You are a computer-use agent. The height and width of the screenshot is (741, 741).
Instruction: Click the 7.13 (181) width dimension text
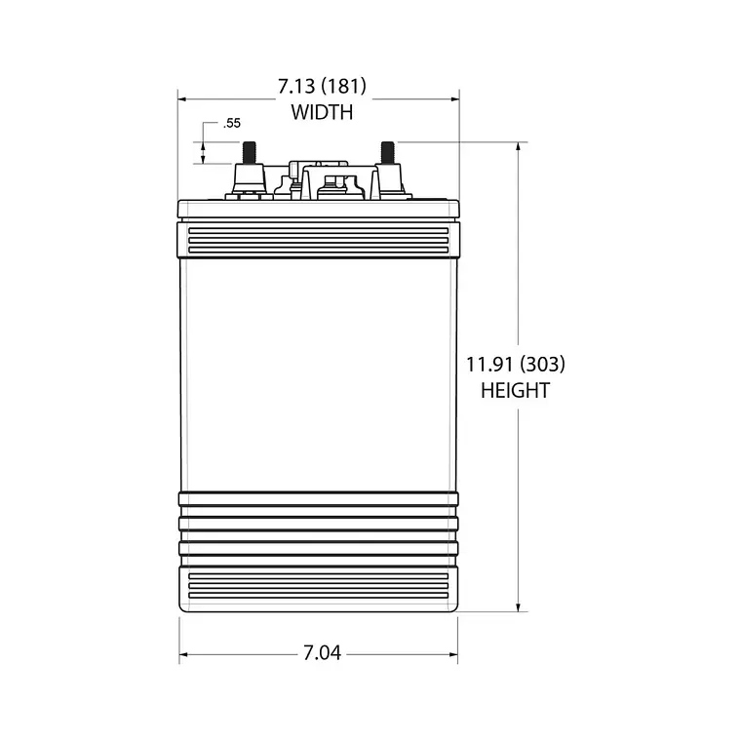(322, 89)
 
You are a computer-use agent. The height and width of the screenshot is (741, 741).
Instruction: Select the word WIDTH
(322, 113)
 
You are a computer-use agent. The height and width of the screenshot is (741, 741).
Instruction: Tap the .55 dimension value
(231, 124)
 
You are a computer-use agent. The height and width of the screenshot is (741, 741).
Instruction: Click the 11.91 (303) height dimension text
(516, 366)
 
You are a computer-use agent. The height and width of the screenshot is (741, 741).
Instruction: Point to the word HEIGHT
(516, 391)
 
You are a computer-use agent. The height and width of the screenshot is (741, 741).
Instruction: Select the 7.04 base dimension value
(321, 653)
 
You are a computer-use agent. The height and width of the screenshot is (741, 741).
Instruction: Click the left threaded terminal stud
(249, 153)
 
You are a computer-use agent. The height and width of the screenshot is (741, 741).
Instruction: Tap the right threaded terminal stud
(387, 153)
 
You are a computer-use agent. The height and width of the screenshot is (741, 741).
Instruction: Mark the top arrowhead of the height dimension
(518, 147)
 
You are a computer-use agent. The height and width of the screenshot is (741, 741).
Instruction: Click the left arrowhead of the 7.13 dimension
(182, 98)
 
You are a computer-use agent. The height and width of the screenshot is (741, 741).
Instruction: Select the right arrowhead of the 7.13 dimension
(453, 98)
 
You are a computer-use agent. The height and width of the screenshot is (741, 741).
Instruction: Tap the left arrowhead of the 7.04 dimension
(184, 653)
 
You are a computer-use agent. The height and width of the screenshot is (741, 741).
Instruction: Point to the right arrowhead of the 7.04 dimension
(452, 653)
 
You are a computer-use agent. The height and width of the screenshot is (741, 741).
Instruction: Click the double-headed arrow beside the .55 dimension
(203, 152)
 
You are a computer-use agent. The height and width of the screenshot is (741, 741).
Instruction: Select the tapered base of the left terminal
(249, 181)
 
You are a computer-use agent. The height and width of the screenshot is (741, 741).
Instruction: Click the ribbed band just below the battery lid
(318, 240)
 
